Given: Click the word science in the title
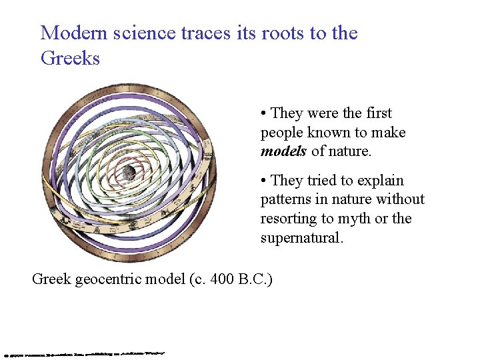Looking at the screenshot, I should pos(141,33).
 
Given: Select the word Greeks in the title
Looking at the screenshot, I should pos(70,58).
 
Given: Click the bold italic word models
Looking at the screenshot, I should pos(283,151).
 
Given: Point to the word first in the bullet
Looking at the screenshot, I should pos(377,113).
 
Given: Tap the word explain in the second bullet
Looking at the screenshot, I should pos(381,181).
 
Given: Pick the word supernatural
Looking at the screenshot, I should pos(301,237).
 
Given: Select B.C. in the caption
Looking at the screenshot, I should pos(254,279).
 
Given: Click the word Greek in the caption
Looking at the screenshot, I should pos(51,279).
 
